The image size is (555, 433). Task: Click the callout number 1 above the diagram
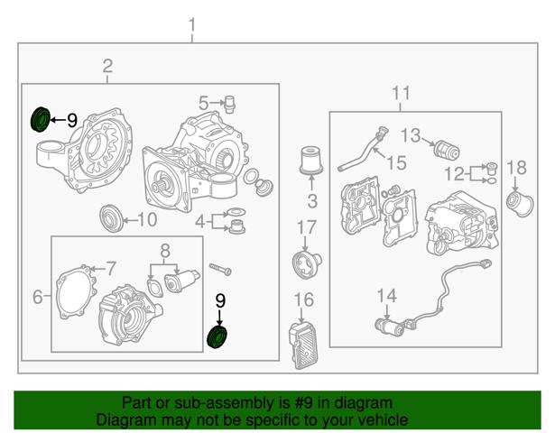[x=192, y=25]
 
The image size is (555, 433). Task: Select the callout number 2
[x=107, y=66]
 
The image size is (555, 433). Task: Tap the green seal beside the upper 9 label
[x=40, y=119]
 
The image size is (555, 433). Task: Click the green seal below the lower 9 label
[x=217, y=337]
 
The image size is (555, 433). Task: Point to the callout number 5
[x=203, y=103]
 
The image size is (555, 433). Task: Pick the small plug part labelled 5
[x=230, y=104]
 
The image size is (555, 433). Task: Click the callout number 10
[x=147, y=219]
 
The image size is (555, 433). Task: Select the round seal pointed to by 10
[x=111, y=218]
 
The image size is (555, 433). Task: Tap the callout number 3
[x=312, y=200]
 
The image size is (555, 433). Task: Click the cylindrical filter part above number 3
[x=311, y=161]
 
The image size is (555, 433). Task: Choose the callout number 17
[x=306, y=227]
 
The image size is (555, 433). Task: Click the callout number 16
[x=304, y=299]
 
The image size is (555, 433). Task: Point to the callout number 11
[x=401, y=93]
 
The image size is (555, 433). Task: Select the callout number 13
[x=411, y=135]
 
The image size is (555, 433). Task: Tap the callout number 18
[x=517, y=167]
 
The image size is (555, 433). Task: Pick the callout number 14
[x=387, y=295]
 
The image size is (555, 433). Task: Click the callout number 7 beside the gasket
[x=111, y=269]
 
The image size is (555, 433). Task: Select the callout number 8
[x=165, y=251]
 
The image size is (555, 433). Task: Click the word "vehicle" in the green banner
[x=386, y=419]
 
